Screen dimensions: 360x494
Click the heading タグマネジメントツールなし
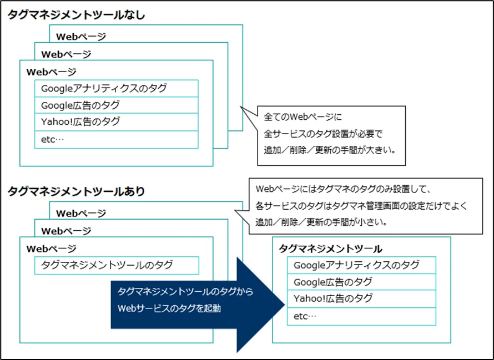(76, 16)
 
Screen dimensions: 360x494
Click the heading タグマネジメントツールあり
(76, 192)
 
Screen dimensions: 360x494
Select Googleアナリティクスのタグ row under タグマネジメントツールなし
(116, 89)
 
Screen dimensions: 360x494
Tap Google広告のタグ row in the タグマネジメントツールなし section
(116, 105)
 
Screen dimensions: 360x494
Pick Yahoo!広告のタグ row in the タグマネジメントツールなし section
(116, 122)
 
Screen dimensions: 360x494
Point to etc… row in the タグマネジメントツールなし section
(116, 139)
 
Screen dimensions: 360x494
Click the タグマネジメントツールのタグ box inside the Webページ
(116, 265)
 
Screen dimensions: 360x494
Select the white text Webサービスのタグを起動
(169, 308)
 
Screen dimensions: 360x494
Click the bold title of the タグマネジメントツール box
(330, 249)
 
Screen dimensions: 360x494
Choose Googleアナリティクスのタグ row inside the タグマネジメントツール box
(361, 265)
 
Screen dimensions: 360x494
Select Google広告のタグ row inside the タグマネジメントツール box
(361, 282)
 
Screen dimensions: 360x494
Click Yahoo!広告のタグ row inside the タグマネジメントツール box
(361, 299)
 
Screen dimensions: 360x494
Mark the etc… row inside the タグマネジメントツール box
(361, 316)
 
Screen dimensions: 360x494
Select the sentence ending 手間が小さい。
(321, 222)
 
